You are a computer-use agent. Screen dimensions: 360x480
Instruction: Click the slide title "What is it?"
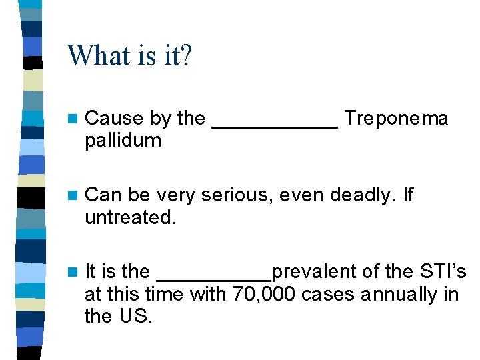pyautogui.click(x=129, y=55)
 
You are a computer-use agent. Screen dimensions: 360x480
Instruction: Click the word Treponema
pyautogui.click(x=397, y=119)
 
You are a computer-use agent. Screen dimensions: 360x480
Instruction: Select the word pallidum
pyautogui.click(x=123, y=141)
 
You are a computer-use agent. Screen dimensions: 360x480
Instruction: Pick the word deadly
pyautogui.click(x=367, y=195)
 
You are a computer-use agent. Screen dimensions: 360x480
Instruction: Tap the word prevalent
pyautogui.click(x=315, y=272)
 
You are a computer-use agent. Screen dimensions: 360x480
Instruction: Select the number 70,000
pyautogui.click(x=265, y=294)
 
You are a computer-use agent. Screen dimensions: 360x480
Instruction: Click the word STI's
pyautogui.click(x=441, y=272)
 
